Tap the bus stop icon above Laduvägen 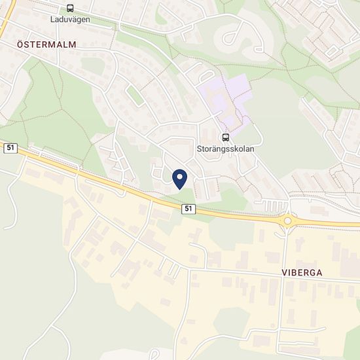point(70,9)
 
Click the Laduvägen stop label point(70,20)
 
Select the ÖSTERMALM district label point(46,45)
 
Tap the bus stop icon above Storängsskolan point(226,137)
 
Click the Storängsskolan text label point(226,149)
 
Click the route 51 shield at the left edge point(10,148)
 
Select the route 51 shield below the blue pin point(189,208)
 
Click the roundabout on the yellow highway point(287,221)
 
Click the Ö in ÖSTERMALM point(20,45)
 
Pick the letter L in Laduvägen point(53,20)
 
